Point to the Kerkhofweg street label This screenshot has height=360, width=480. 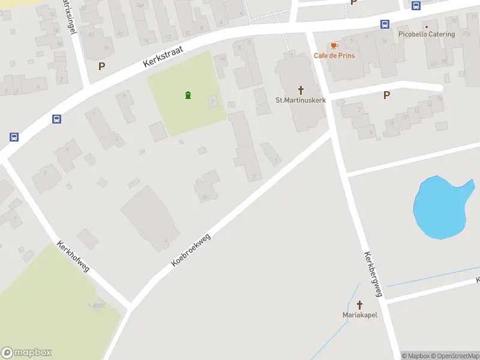[x=73, y=257]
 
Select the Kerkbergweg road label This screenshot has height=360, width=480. [x=372, y=274]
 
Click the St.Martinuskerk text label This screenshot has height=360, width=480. [x=301, y=100]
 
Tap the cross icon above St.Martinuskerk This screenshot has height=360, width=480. [x=301, y=90]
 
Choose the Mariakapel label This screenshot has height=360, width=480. [x=360, y=315]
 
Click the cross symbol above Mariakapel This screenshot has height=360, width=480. [x=360, y=305]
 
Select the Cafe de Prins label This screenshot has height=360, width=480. [x=334, y=56]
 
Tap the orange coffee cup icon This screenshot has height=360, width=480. [x=334, y=46]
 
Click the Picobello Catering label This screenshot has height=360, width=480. [x=427, y=34]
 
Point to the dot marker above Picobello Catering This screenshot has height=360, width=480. [x=427, y=26]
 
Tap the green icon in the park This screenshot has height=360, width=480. [x=188, y=95]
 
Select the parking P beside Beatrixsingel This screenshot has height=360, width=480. [x=101, y=66]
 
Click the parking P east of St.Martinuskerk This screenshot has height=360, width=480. [x=386, y=95]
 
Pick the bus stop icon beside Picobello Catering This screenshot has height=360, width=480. [x=385, y=25]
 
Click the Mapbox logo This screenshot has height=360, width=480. [x=26, y=353]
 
